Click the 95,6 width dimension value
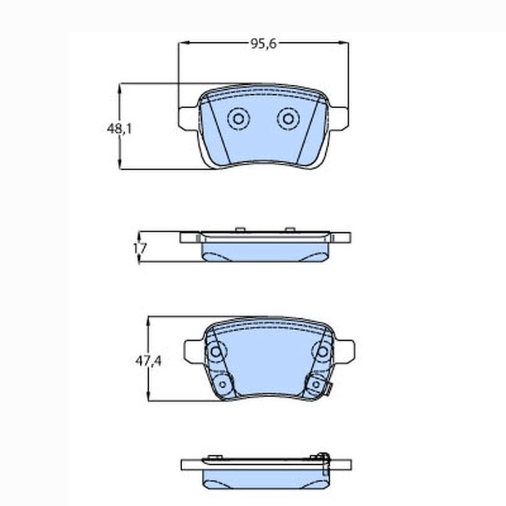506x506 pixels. [264, 44]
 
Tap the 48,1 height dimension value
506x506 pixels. [119, 129]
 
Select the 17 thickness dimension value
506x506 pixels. [140, 248]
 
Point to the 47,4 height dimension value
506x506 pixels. [148, 361]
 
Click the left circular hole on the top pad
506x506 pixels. [238, 119]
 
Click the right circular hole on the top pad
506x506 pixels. [288, 119]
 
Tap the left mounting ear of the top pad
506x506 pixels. [187, 118]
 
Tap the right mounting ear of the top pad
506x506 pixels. [339, 118]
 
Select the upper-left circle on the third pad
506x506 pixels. [216, 352]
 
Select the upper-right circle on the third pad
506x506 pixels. [323, 352]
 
